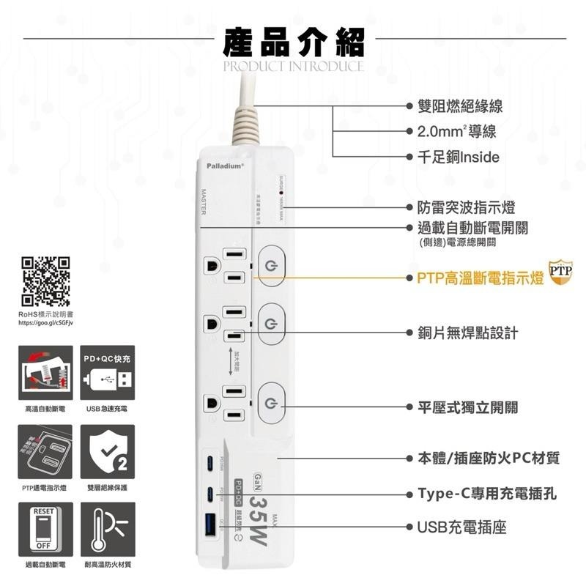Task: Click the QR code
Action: click(x=45, y=281)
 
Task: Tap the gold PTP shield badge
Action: click(x=560, y=270)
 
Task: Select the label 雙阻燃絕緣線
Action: click(x=459, y=107)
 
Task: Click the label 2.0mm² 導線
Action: click(x=456, y=132)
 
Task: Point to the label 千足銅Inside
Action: click(x=458, y=157)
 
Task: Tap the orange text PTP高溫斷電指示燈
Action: click(x=480, y=278)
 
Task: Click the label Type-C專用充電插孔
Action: click(x=486, y=494)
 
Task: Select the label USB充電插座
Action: click(x=461, y=527)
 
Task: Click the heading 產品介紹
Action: click(x=293, y=42)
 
